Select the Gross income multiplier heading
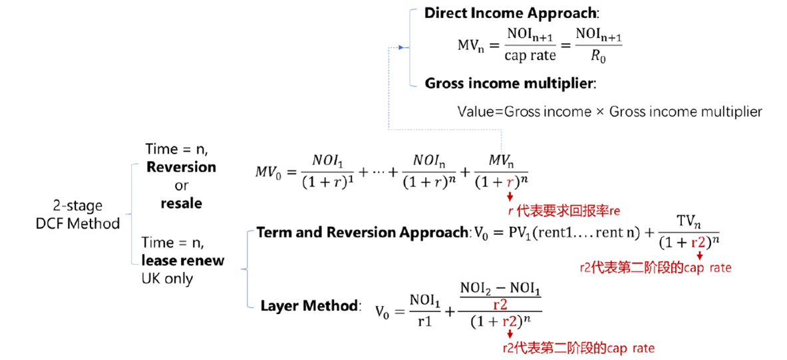tap(510, 84)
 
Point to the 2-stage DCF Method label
tap(79, 215)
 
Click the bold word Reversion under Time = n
tap(181, 167)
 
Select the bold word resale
tap(181, 203)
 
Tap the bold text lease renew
tap(184, 260)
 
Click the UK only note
tap(168, 278)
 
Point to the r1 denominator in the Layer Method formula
tap(424, 319)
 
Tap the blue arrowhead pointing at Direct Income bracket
tap(400, 47)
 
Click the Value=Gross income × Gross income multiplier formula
tap(609, 112)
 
